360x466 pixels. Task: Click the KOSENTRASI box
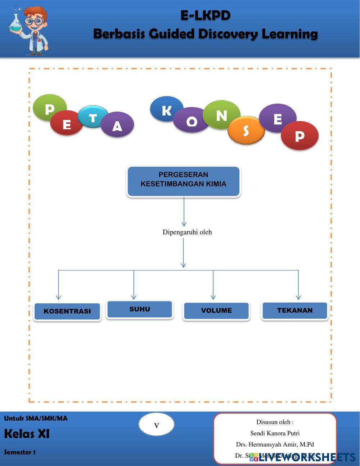pos(67,312)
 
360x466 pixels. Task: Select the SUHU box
pos(140,309)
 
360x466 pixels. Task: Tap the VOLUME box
pos(216,311)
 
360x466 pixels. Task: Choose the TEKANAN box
pos(295,310)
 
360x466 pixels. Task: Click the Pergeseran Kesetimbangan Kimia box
pos(184,181)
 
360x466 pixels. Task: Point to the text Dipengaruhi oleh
pos(187,232)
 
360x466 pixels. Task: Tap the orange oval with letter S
pos(246,130)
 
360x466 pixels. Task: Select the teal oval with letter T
pos(93,117)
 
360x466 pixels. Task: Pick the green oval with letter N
pos(221,115)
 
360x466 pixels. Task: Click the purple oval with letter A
pos(117,125)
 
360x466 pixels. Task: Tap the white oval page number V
pos(157,425)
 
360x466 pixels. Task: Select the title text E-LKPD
pos(205,15)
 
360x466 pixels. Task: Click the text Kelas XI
pos(27,434)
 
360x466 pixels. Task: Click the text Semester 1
pos(20,452)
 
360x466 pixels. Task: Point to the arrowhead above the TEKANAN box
pos(298,297)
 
